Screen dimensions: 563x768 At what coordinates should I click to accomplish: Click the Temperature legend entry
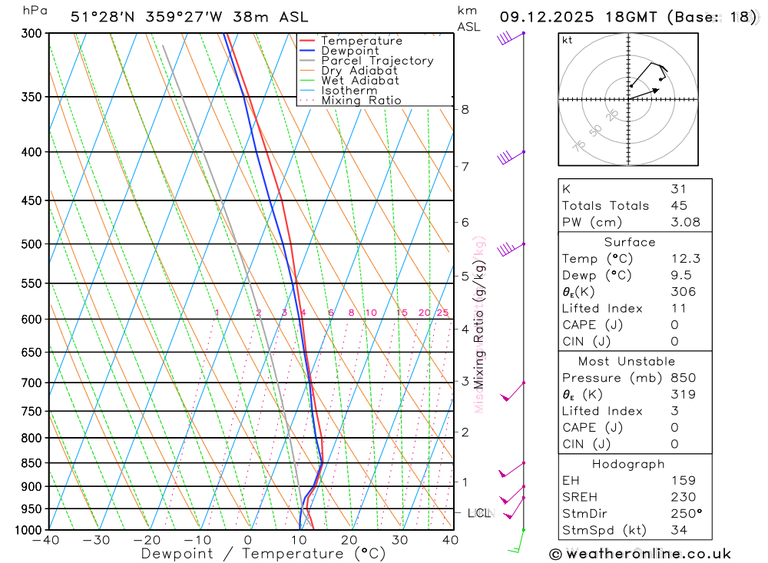(361, 41)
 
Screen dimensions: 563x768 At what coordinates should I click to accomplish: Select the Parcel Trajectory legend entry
(377, 61)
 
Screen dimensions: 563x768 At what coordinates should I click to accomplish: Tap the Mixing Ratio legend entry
(361, 100)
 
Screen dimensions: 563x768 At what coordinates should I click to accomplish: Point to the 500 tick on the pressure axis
(33, 244)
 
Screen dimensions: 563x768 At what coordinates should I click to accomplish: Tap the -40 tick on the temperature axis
(47, 540)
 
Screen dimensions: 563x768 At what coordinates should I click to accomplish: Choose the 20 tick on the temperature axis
(349, 540)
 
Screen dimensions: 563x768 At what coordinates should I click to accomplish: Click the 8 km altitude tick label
(465, 109)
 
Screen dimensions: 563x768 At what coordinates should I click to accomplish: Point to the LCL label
(478, 513)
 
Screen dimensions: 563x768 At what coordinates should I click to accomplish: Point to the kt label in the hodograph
(568, 41)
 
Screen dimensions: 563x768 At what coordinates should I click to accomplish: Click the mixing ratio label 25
(442, 313)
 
